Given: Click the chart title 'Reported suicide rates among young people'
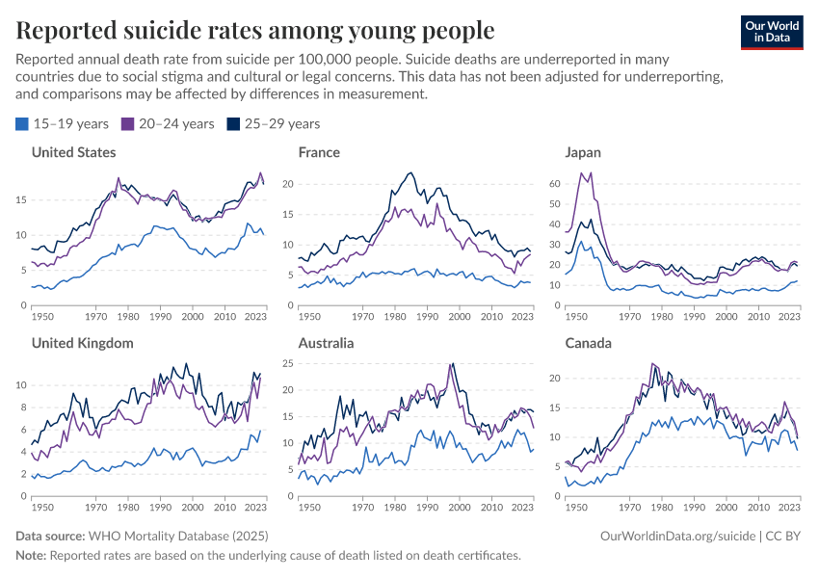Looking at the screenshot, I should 255,31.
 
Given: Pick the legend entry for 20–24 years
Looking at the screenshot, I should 167,123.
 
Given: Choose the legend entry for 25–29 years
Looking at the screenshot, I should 273,123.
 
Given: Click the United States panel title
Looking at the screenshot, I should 73,152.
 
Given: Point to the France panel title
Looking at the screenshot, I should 319,152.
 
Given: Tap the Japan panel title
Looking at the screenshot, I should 583,152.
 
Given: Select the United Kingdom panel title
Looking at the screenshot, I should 82,343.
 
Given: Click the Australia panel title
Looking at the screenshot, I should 326,343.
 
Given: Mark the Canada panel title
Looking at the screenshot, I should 589,343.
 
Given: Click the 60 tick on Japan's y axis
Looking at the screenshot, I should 553,182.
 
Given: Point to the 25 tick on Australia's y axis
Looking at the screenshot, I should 287,363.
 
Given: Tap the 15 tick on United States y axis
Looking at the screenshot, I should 20,200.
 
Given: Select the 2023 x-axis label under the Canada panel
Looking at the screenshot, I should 788,507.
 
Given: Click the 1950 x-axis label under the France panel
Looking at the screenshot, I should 309,316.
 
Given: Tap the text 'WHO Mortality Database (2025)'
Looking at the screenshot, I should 177,535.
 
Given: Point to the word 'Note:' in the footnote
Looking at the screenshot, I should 31,555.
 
